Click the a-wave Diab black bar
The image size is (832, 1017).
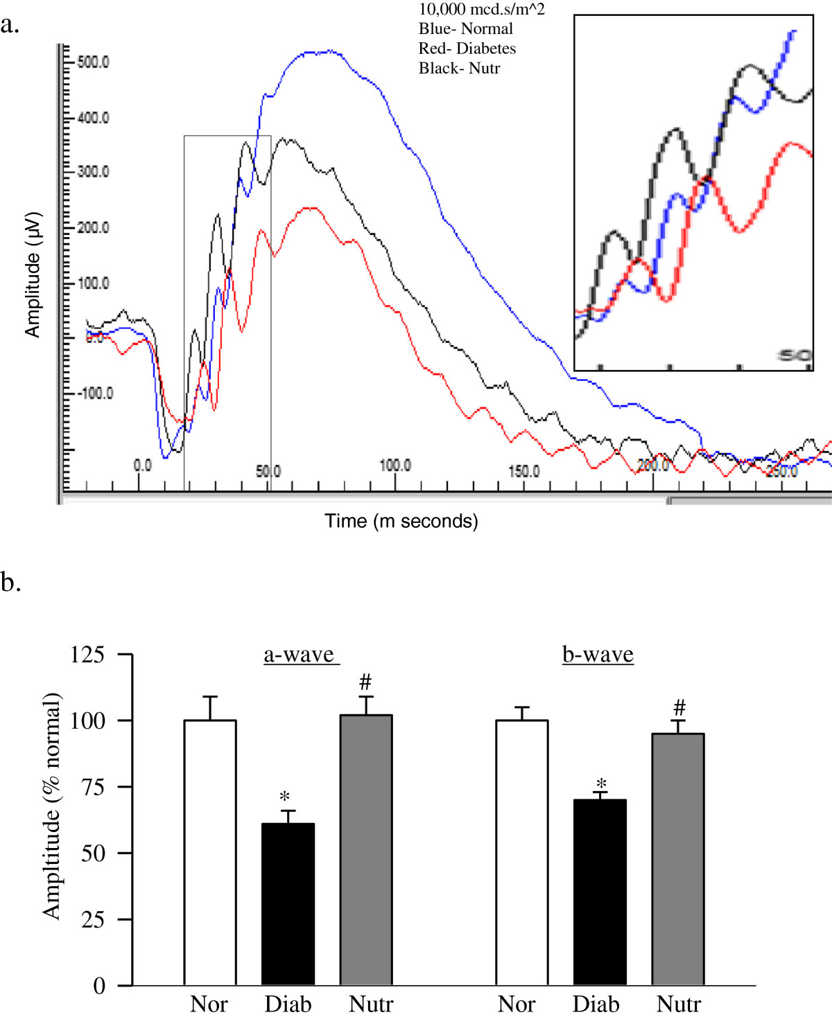tap(288, 904)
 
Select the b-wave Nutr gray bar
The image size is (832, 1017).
tap(678, 859)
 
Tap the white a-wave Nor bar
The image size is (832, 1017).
tap(210, 852)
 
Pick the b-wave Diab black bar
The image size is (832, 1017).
tap(600, 892)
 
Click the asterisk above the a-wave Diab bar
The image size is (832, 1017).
tap(284, 797)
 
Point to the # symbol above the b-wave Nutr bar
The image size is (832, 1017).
tap(679, 708)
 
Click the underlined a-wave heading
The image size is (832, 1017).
tap(300, 655)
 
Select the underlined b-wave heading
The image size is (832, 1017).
tap(598, 655)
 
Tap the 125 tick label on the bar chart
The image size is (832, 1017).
tap(87, 655)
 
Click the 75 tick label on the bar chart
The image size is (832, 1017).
tap(93, 787)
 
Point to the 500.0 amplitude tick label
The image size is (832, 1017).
tap(94, 62)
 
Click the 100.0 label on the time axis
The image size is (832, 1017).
tap(395, 466)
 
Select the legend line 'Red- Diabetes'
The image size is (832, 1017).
tap(467, 48)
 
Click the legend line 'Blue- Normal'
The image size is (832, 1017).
tap(465, 29)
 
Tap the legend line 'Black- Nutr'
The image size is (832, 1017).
tap(459, 68)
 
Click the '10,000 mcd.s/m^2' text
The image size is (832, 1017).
tap(481, 10)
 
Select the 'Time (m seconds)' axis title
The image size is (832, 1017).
tap(401, 521)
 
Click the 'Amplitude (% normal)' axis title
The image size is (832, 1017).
tap(53, 806)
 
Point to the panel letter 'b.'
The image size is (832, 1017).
tap(11, 582)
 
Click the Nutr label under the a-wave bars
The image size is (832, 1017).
tap(371, 1004)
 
